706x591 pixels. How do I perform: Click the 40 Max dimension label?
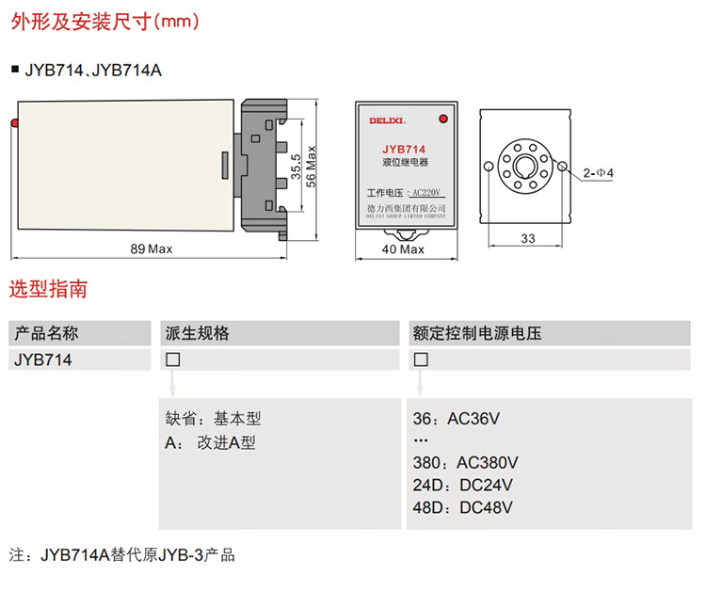[x=405, y=249]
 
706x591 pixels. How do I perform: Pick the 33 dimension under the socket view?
[x=527, y=239]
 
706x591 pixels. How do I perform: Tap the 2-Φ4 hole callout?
[x=598, y=173]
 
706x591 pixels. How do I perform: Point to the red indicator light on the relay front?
[x=441, y=119]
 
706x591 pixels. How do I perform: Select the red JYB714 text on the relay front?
[x=404, y=150]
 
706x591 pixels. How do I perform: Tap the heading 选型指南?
[x=49, y=289]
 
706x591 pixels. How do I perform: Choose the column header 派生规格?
[x=198, y=333]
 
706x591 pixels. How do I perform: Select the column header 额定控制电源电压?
[x=477, y=333]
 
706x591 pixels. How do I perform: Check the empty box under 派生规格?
[x=172, y=359]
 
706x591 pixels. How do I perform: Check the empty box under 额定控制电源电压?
[x=420, y=359]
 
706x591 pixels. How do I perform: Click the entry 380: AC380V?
[x=465, y=463]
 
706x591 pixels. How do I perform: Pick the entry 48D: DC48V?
[x=462, y=508]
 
